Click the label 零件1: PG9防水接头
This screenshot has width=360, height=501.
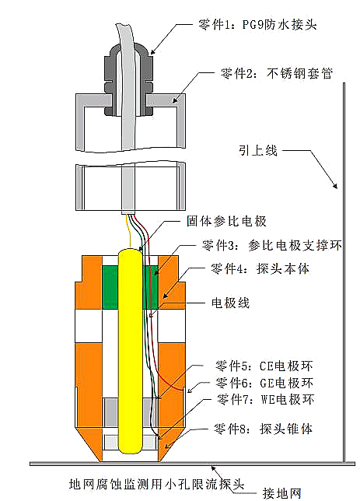coord(257,24)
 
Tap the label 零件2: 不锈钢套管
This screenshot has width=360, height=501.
coord(277,73)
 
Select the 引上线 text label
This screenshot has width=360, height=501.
coord(258,150)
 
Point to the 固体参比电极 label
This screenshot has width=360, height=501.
coord(226,221)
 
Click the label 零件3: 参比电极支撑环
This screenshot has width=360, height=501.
coord(271,245)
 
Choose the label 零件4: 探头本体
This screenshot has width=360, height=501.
coord(260,268)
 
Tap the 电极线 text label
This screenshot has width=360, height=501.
coord(230,303)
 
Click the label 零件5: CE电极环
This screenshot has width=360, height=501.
coord(264,366)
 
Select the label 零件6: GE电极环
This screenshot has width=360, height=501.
coord(264,382)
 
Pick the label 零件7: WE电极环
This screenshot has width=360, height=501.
coord(265,399)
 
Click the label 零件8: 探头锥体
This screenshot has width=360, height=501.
coord(263,429)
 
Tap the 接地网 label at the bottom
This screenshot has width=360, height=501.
coord(281,493)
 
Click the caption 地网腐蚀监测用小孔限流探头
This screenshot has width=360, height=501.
coord(156,484)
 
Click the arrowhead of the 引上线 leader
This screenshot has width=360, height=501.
coord(335,185)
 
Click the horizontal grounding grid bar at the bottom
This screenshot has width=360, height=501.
coord(192,464)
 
